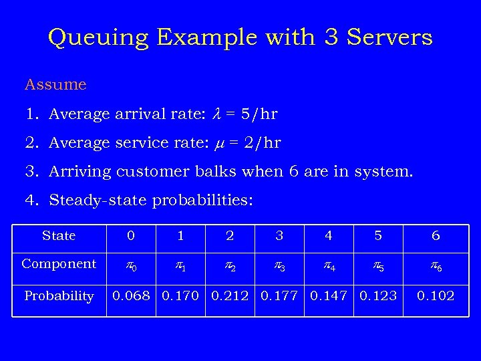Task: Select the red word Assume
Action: click(x=55, y=85)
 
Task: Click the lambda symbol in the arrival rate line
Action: click(x=215, y=114)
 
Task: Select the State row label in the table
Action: click(x=59, y=236)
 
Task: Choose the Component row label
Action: click(x=59, y=264)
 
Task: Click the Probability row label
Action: click(x=59, y=296)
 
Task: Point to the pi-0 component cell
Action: click(x=132, y=266)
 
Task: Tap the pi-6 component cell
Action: click(x=436, y=266)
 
